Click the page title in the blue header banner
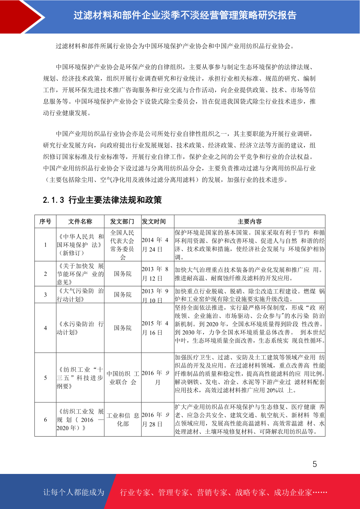point(185,15)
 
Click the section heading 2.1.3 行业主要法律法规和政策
point(102,200)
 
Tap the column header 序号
point(45,222)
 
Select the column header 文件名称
point(80,222)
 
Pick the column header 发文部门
point(122,222)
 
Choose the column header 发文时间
point(154,222)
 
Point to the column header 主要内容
point(249,222)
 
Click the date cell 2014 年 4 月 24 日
point(155,245)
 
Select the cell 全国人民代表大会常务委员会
point(122,245)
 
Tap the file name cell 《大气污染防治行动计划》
point(80,295)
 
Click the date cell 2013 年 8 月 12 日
point(155,274)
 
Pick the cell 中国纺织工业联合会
point(122,378)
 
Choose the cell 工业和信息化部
point(122,419)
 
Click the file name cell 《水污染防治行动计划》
point(80,328)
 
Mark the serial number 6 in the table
point(45,420)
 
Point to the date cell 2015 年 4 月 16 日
point(155,328)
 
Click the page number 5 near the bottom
point(315,464)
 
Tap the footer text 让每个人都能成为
point(74,492)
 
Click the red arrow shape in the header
point(21,17)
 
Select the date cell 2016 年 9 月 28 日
point(155,419)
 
